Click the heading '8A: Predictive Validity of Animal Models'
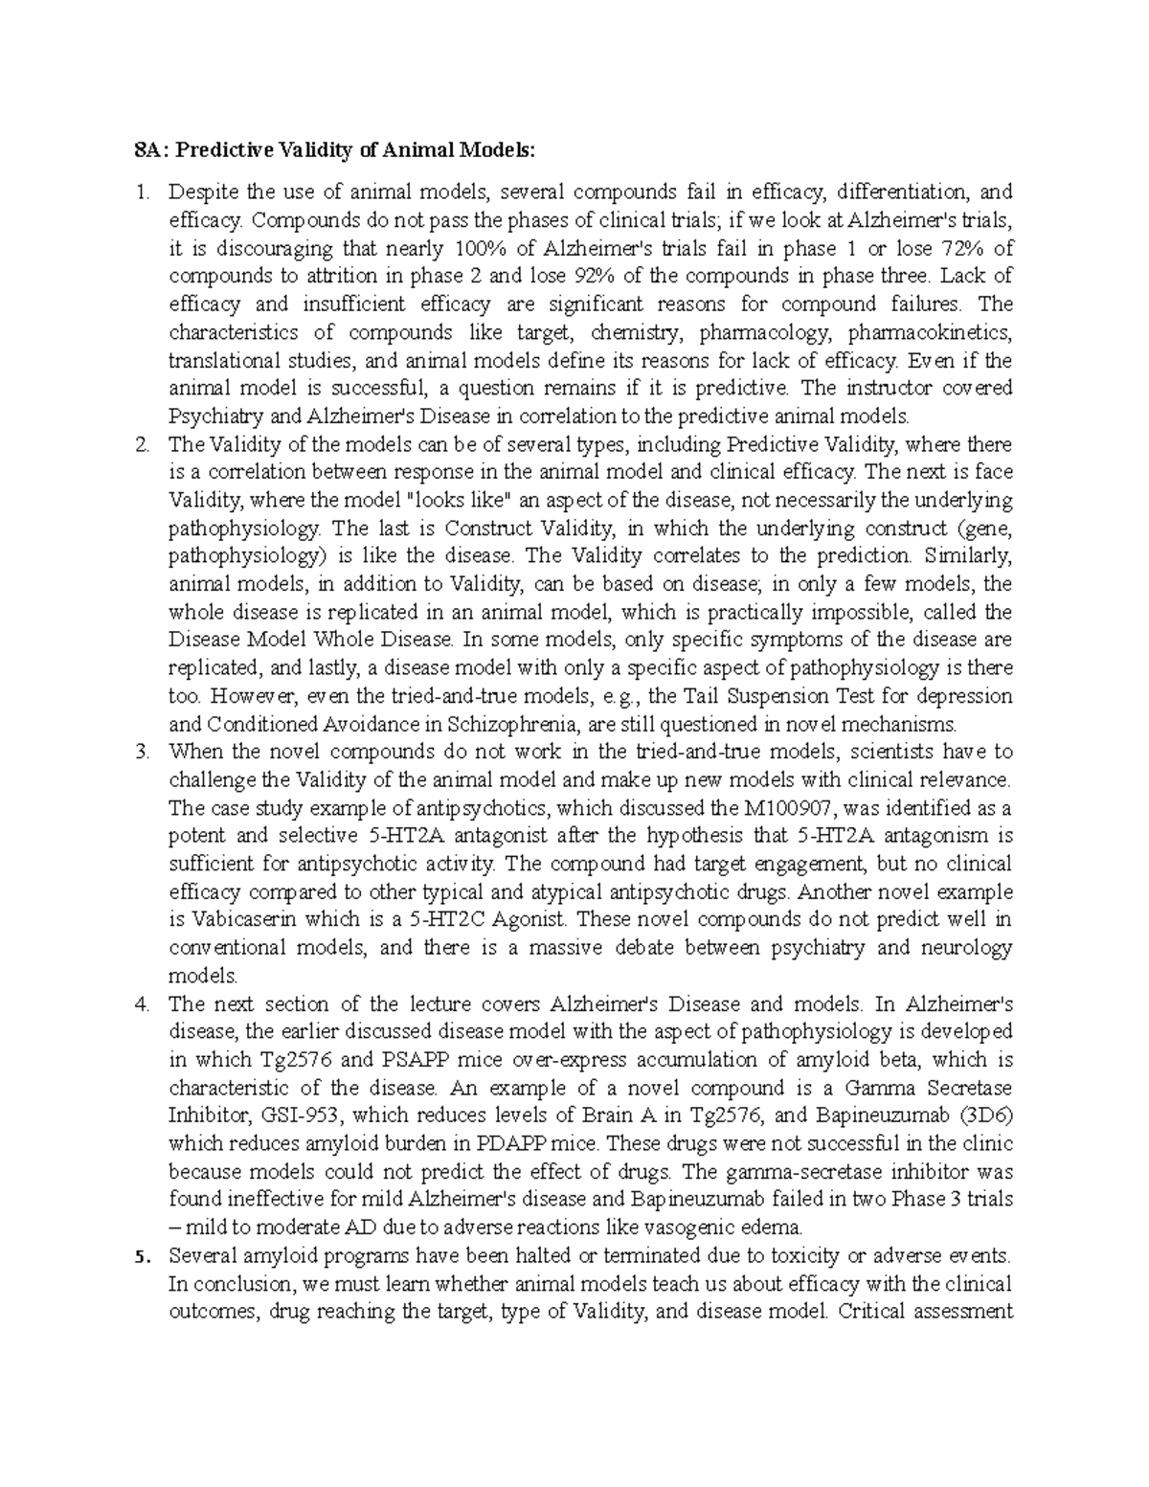pos(335,150)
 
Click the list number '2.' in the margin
pos(142,444)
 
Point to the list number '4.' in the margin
pos(142,1004)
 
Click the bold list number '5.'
pos(142,1255)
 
